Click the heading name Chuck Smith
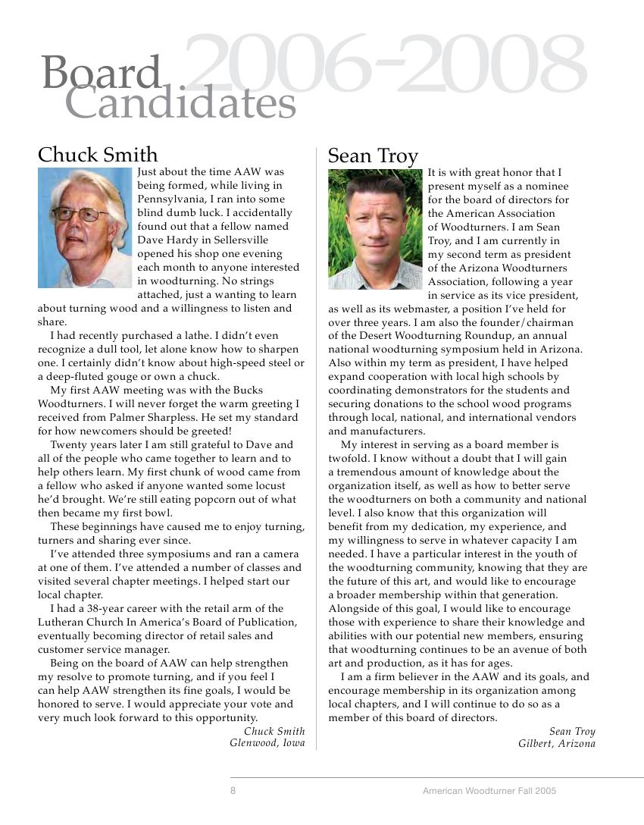pyautogui.click(x=98, y=155)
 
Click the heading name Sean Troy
pyautogui.click(x=373, y=156)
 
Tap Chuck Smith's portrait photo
pyautogui.click(x=85, y=228)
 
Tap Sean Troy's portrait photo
pyautogui.click(x=375, y=229)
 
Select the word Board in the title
pyautogui.click(x=102, y=74)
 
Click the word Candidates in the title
pyautogui.click(x=180, y=103)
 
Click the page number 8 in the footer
pyautogui.click(x=233, y=790)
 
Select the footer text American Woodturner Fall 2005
pyautogui.click(x=489, y=790)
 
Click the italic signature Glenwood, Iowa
pyautogui.click(x=267, y=743)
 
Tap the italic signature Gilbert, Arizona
pyautogui.click(x=557, y=744)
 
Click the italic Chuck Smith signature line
pyautogui.click(x=274, y=732)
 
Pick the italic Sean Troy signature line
pyautogui.click(x=572, y=732)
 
